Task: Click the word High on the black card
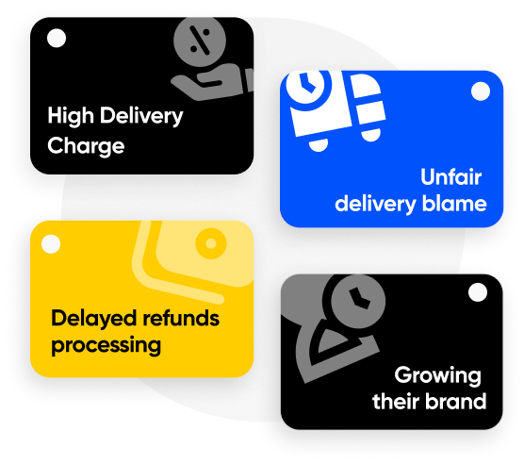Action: [x=71, y=116]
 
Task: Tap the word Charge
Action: [x=86, y=146]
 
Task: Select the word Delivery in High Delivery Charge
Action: [x=141, y=116]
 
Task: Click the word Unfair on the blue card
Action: [x=450, y=176]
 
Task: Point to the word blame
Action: [x=454, y=204]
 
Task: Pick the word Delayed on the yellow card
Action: [x=94, y=319]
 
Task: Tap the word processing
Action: [x=106, y=346]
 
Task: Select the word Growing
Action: [x=438, y=376]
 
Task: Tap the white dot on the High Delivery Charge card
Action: [x=57, y=38]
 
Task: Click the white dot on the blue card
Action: [x=481, y=91]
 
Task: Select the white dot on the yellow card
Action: [x=51, y=244]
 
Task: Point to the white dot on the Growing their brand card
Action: [x=478, y=292]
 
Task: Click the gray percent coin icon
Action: [x=200, y=41]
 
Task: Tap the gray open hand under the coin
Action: [x=213, y=83]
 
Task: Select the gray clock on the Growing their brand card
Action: [x=358, y=300]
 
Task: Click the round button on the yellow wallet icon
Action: [x=211, y=243]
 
